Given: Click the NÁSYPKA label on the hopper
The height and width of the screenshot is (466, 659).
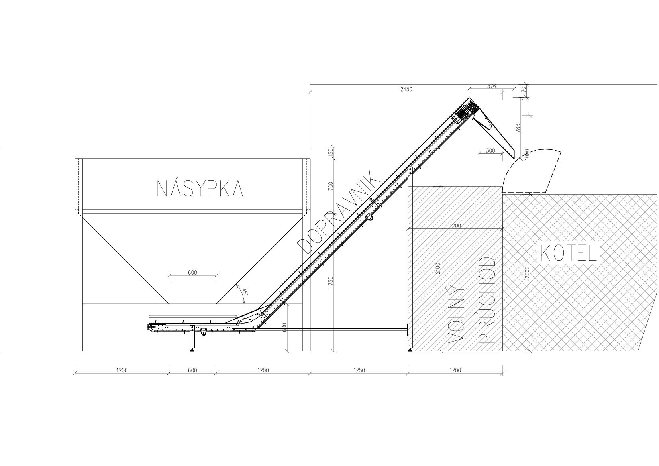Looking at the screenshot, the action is coord(200,189).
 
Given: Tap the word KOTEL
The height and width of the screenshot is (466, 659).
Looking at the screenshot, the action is coord(569,254).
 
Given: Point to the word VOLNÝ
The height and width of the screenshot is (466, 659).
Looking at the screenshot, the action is coord(456,315).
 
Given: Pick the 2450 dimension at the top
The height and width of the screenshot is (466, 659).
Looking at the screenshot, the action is coord(406,89).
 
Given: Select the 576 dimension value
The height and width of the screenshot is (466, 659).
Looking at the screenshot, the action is coord(491,86).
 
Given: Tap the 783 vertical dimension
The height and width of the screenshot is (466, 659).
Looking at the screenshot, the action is coord(518,128).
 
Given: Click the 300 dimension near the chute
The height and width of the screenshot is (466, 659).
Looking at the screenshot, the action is coord(490,151).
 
